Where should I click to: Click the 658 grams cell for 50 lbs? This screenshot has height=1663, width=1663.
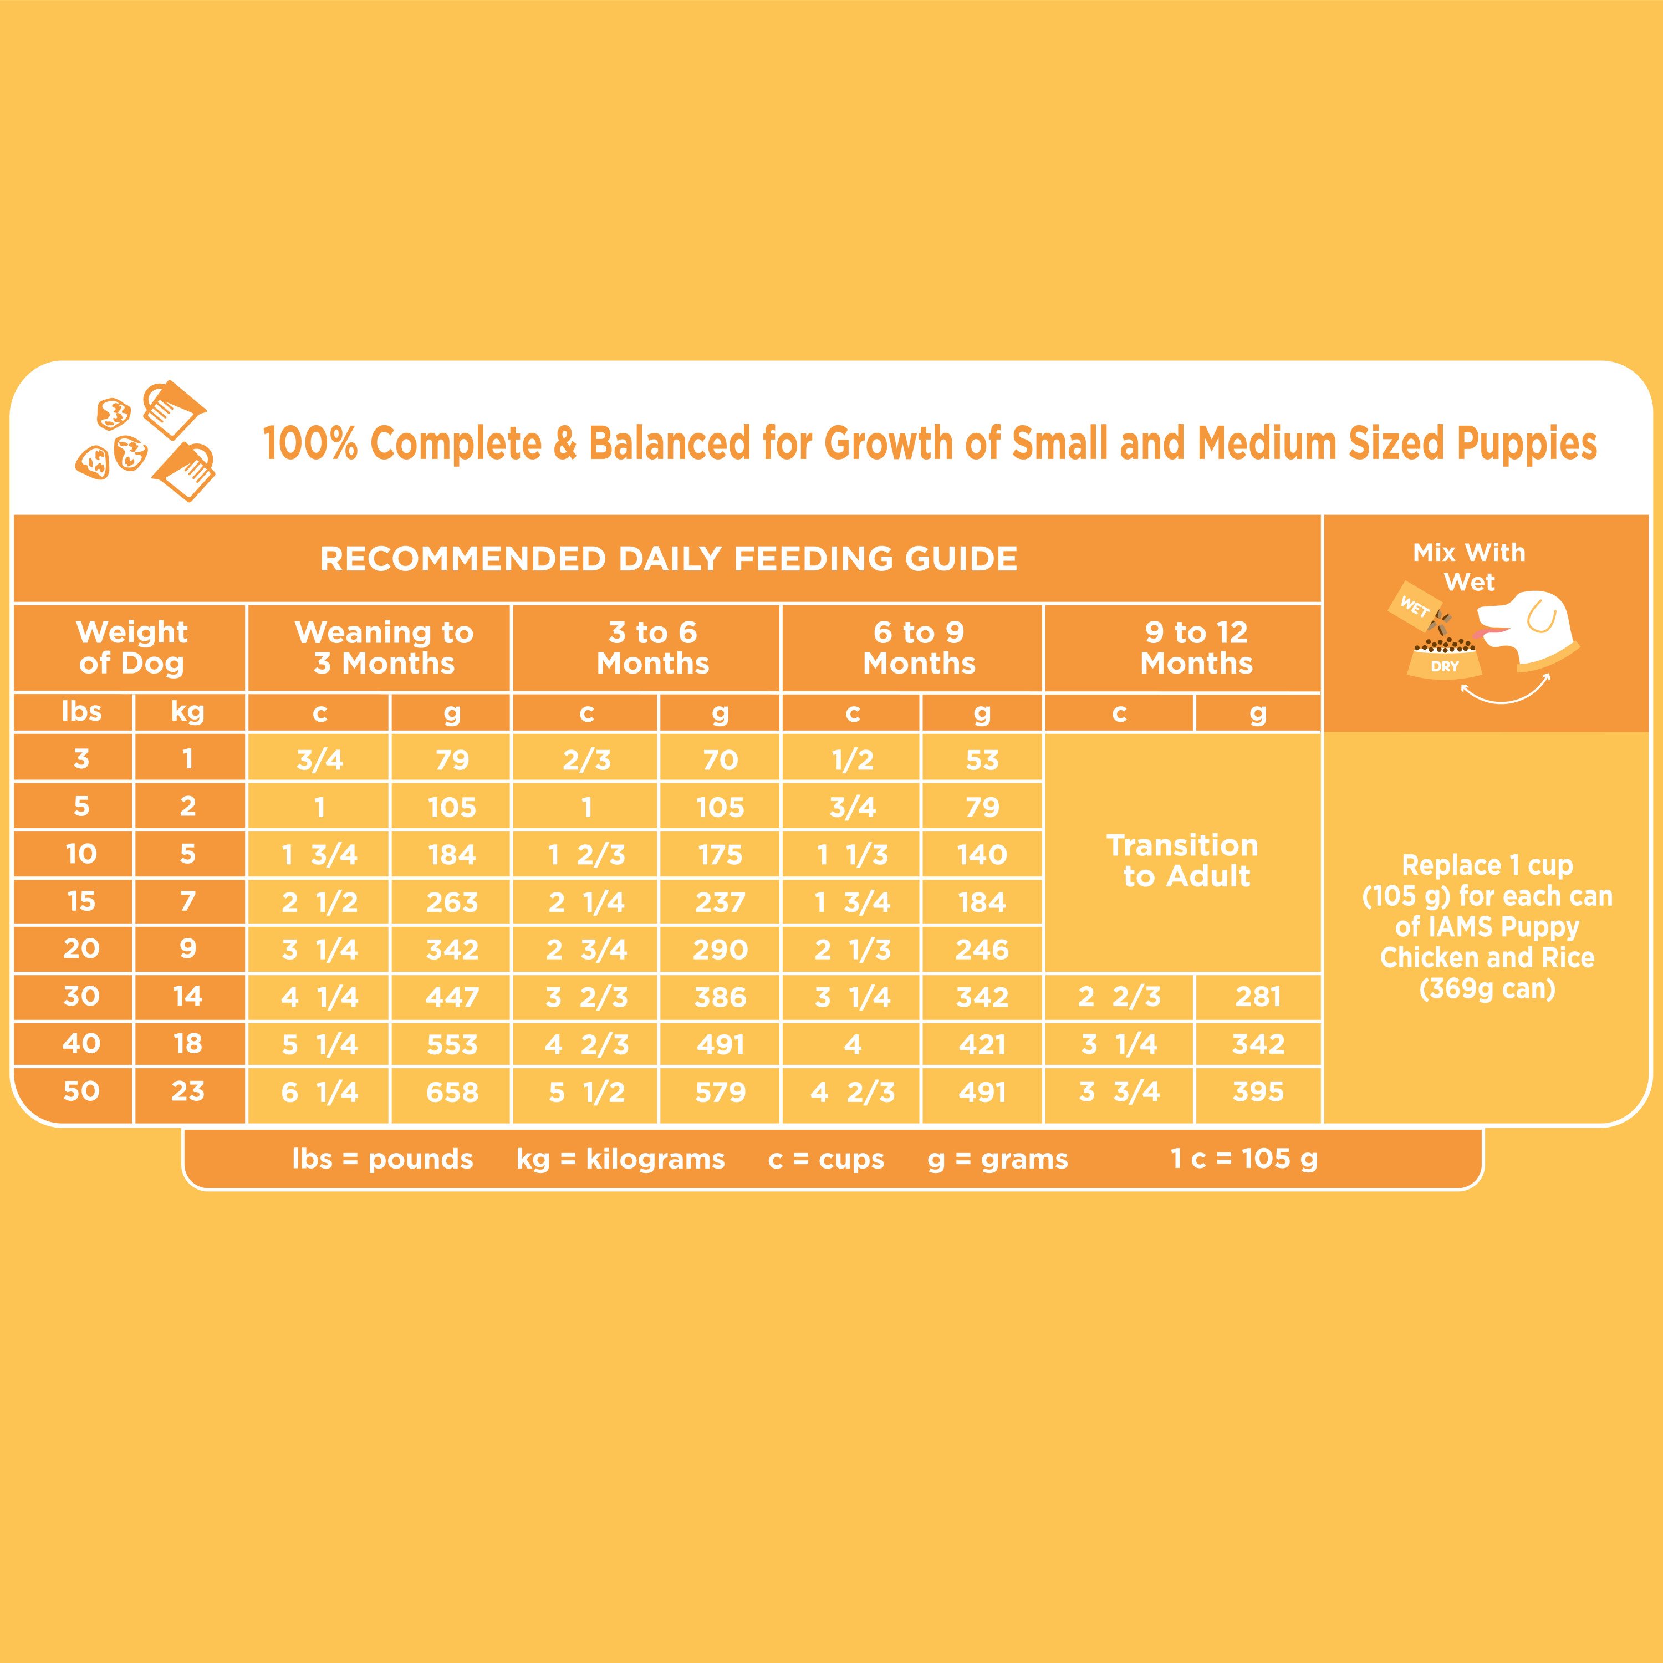point(452,1092)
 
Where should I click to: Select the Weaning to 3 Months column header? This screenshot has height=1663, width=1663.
point(384,647)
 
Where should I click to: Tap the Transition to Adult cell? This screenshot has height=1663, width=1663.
point(1183,861)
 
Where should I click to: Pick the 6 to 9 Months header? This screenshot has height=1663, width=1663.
point(919,647)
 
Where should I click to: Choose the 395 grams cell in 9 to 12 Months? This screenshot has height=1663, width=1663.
point(1258,1091)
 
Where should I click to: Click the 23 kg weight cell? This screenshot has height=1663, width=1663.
point(188,1091)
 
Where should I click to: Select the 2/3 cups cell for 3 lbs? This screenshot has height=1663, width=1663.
point(586,760)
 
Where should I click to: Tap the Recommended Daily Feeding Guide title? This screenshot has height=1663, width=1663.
point(668,559)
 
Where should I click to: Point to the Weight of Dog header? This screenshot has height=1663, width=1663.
point(132,647)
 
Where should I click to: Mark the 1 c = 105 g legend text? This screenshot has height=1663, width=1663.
point(1244,1160)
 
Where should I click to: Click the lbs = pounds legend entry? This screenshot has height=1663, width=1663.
point(382,1160)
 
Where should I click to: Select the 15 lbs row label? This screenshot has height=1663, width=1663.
point(81,901)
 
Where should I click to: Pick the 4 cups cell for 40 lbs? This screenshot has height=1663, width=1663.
point(852,1045)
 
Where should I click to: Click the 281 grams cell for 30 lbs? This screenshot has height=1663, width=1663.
point(1258,997)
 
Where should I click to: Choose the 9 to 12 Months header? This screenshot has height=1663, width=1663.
point(1196,647)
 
